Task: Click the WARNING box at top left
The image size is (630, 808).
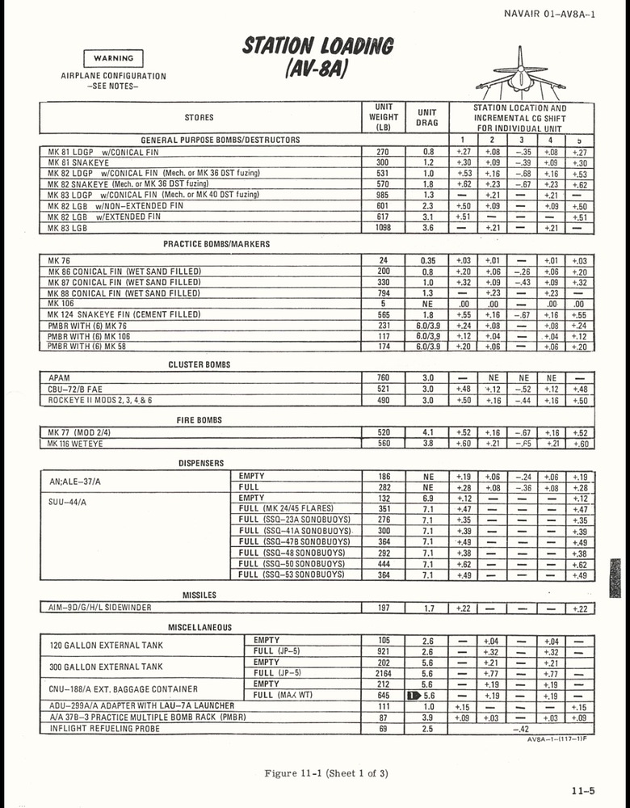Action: pyautogui.click(x=113, y=58)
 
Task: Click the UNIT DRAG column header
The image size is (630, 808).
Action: pyautogui.click(x=427, y=118)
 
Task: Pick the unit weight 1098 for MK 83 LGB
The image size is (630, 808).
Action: pyautogui.click(x=384, y=229)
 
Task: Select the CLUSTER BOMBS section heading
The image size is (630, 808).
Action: pyautogui.click(x=199, y=364)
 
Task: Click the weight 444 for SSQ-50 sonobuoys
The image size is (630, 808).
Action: pyautogui.click(x=384, y=564)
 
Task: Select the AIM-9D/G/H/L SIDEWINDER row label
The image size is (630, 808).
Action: pyautogui.click(x=99, y=608)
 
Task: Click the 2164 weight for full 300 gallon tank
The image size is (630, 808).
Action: pyautogui.click(x=384, y=673)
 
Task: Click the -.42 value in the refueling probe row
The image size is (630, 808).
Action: pyautogui.click(x=522, y=729)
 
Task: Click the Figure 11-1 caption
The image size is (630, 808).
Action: pyautogui.click(x=325, y=773)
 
